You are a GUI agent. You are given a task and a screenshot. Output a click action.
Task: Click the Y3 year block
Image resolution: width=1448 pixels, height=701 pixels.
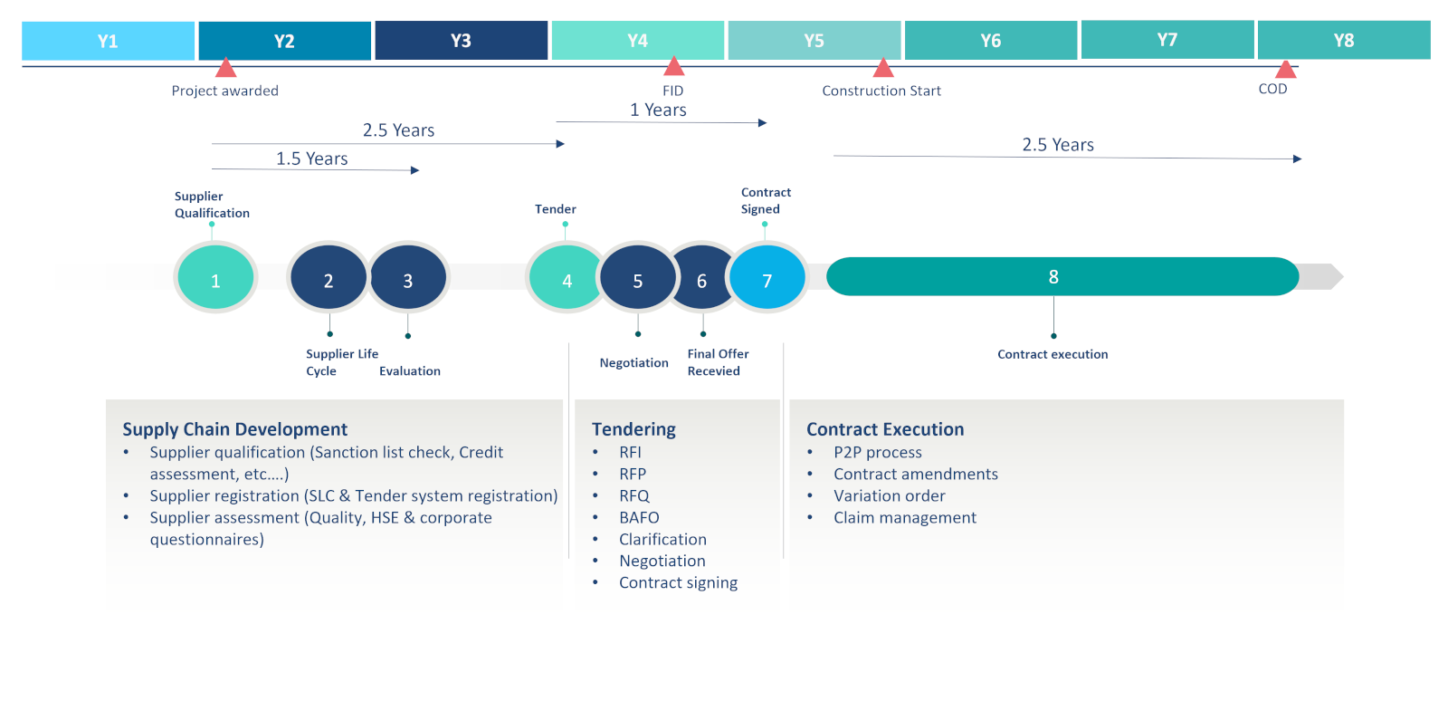point(461,41)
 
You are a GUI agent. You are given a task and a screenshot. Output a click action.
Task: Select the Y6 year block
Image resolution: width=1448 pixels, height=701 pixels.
point(990,41)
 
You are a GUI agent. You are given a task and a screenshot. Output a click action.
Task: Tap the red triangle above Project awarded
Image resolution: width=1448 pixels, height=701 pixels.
point(226,68)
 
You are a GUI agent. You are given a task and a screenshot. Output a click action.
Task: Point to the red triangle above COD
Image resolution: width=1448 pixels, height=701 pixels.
point(1285,69)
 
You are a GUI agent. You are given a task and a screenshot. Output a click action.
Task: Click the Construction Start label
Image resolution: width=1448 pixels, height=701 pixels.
point(881,91)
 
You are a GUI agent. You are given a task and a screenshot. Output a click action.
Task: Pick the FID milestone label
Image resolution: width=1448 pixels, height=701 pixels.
point(672,91)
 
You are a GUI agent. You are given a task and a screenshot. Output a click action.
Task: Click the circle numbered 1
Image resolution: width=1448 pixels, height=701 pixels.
point(215,280)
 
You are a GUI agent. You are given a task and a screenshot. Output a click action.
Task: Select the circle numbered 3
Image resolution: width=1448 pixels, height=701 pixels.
point(408,280)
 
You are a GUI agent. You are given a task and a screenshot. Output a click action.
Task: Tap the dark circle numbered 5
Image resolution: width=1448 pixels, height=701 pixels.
point(637,280)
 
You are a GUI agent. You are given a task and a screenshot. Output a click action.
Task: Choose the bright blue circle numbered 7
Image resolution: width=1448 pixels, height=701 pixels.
point(767,280)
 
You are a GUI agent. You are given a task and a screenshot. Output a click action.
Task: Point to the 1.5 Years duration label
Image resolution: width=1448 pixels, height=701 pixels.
point(311,158)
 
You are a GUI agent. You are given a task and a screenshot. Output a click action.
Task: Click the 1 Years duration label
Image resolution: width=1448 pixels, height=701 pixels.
point(658,110)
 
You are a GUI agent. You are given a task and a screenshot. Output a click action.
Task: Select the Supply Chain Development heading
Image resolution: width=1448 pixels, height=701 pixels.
point(234,429)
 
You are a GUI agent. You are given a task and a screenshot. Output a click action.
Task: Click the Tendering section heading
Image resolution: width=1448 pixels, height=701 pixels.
point(633,429)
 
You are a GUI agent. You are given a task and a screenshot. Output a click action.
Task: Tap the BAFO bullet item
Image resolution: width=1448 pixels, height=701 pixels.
point(639,517)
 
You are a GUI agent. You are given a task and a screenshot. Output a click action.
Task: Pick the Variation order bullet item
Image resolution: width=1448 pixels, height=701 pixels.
point(889,495)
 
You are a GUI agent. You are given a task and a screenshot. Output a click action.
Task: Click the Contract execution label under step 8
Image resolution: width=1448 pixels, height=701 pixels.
point(1053,354)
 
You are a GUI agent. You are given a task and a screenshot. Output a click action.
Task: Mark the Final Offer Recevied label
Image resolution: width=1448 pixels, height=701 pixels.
point(718,362)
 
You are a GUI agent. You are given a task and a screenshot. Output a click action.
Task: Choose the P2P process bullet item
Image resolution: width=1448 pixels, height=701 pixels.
point(877,452)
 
